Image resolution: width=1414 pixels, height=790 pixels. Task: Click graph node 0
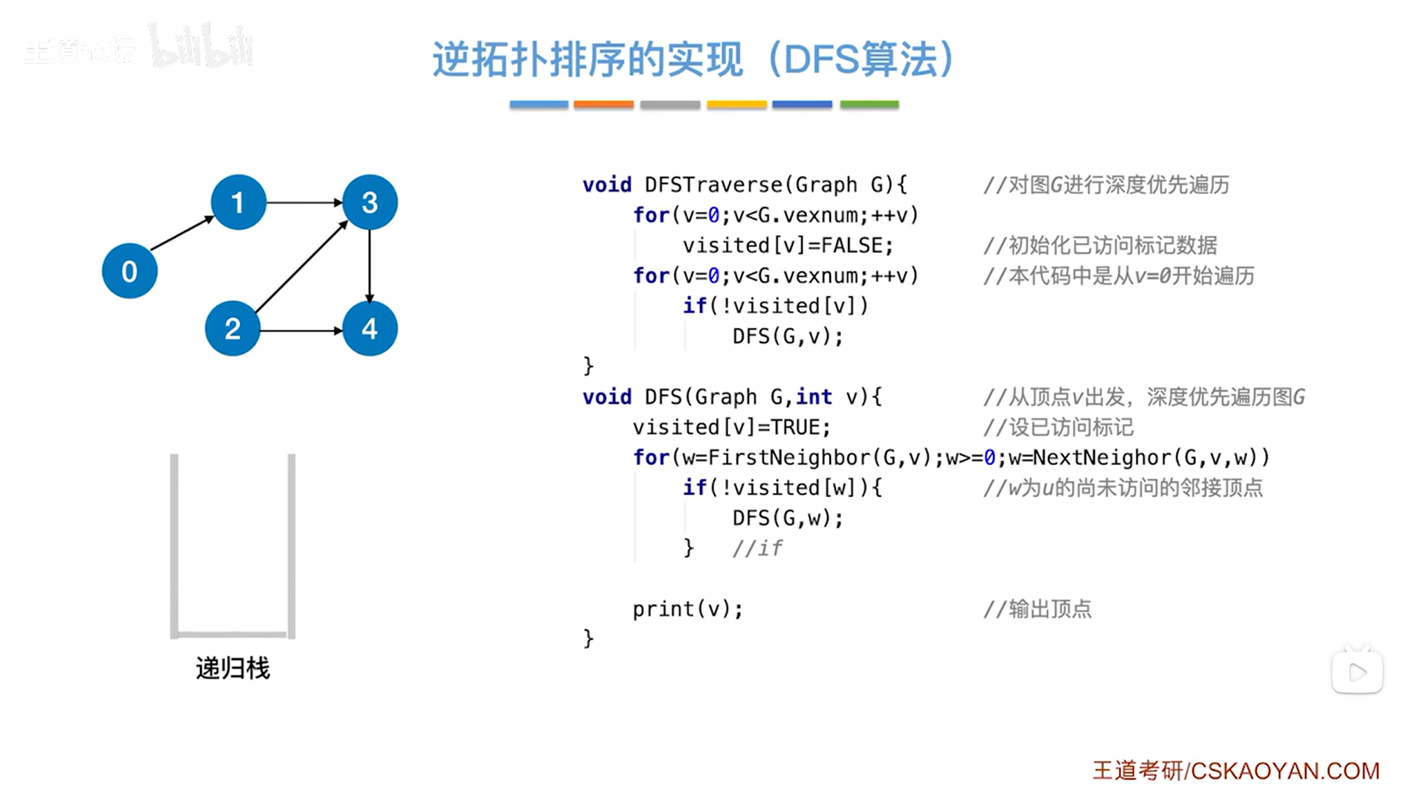(129, 271)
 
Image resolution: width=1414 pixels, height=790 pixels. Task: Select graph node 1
(238, 202)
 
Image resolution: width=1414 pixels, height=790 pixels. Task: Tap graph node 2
(232, 328)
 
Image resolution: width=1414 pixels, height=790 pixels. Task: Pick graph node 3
(370, 202)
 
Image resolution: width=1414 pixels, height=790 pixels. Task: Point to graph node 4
(370, 328)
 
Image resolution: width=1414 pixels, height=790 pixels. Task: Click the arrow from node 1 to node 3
(304, 202)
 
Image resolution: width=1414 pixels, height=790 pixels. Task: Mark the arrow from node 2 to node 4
(301, 330)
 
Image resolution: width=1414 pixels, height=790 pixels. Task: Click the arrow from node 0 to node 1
(182, 234)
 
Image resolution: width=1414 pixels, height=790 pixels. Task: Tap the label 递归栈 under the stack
(233, 668)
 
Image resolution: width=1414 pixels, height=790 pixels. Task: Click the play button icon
(1357, 672)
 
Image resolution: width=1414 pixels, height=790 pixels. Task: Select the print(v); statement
(687, 609)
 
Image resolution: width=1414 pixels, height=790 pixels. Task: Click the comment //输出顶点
(1037, 609)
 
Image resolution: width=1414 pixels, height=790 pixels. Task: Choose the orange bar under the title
(603, 105)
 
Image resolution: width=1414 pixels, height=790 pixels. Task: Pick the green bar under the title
(869, 105)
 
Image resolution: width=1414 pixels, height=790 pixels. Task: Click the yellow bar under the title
(736, 105)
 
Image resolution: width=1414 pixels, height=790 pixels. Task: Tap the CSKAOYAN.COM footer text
(1285, 771)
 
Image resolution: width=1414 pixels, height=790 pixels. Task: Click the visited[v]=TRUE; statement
(731, 427)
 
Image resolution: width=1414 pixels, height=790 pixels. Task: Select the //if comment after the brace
(756, 548)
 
